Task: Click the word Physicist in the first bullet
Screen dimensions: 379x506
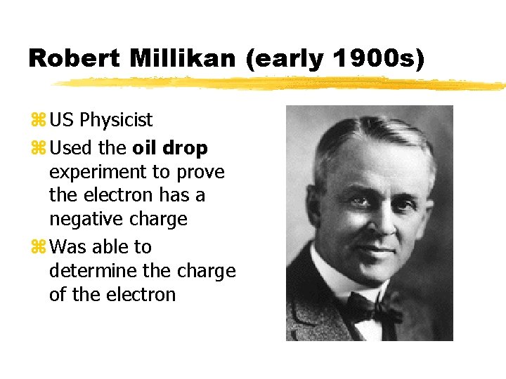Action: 116,120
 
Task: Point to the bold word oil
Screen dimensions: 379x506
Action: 146,148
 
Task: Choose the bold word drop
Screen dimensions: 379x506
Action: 186,148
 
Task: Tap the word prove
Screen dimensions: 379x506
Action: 200,173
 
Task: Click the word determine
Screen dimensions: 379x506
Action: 91,271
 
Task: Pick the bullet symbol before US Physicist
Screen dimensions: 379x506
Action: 39,121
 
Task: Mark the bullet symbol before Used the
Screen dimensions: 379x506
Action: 39,149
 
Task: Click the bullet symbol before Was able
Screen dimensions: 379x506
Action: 39,248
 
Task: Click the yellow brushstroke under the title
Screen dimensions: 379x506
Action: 281,84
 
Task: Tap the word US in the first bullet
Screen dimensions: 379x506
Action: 63,120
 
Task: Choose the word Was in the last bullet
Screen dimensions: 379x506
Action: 66,247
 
